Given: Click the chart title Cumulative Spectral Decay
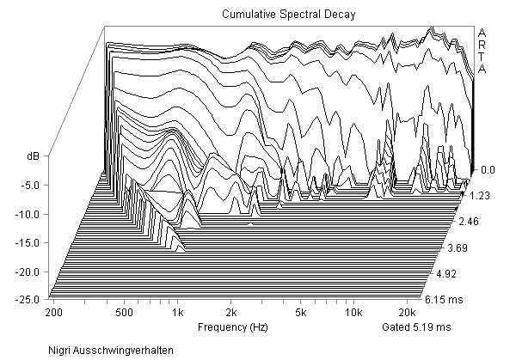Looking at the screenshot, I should point(283,15).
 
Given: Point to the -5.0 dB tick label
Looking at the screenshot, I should point(32,185).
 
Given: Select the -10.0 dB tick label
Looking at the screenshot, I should point(29,213).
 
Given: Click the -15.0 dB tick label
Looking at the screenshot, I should point(29,242).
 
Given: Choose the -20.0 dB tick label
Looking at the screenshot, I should point(29,271).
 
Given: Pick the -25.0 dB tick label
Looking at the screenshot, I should point(29,299).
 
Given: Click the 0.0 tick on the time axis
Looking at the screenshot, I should point(487,170).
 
